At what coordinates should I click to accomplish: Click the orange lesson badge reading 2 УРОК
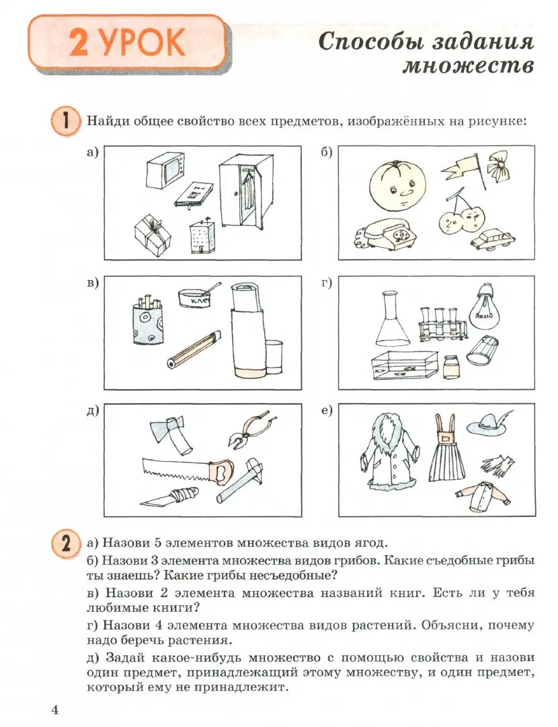(x=127, y=42)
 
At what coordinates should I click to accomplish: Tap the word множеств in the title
(x=468, y=67)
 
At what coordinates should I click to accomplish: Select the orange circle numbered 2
(x=65, y=543)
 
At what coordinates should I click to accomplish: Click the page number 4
(x=55, y=709)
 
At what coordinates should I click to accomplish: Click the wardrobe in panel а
(x=247, y=191)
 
